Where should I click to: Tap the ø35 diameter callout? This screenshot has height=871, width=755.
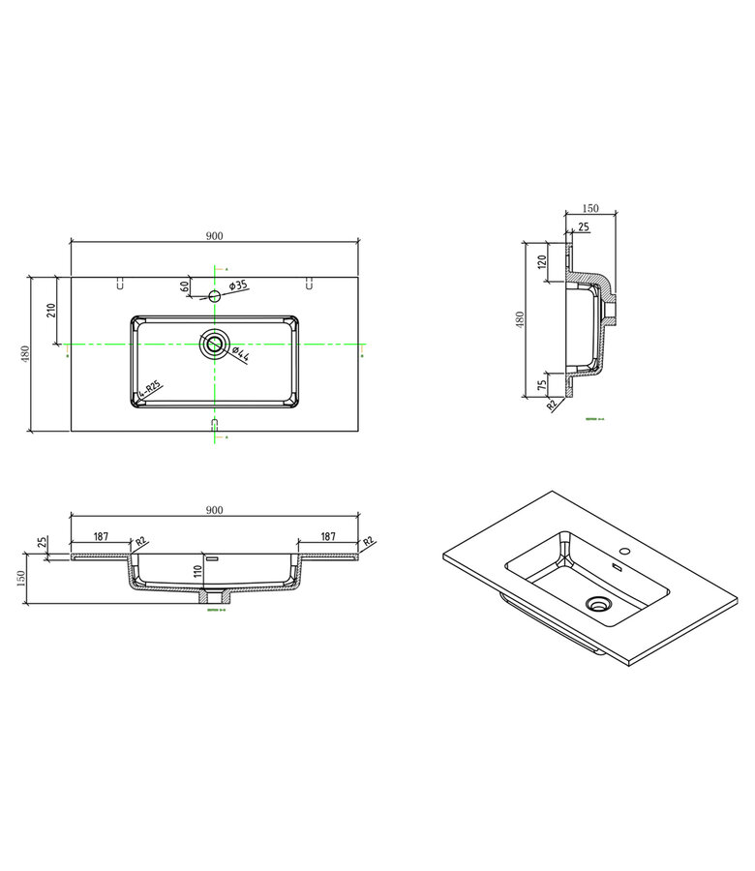pos(239,285)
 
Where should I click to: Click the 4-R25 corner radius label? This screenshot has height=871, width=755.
pos(150,390)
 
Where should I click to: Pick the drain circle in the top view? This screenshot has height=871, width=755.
pos(214,343)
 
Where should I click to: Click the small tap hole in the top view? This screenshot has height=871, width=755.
pos(215,294)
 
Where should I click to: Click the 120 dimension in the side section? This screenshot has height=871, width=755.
pos(542,259)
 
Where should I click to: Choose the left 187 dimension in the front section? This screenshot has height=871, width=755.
pos(101,535)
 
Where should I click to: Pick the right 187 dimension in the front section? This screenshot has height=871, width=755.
pos(327,535)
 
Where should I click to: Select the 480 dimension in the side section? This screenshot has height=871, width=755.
pos(520,319)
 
